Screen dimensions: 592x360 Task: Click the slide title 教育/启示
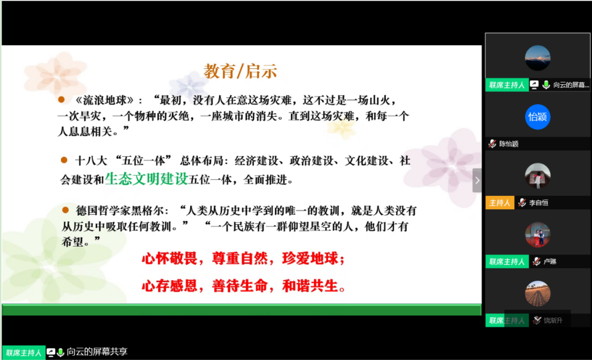(x=240, y=71)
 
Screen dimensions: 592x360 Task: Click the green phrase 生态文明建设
(x=146, y=178)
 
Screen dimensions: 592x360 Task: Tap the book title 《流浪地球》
(x=104, y=100)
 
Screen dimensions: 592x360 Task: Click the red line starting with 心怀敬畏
(x=244, y=259)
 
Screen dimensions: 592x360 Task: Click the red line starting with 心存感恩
(x=244, y=286)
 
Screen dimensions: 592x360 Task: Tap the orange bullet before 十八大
(x=64, y=160)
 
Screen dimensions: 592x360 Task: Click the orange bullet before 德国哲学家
(x=65, y=210)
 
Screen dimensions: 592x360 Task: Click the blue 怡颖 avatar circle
(x=538, y=117)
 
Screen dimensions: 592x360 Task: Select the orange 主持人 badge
(x=499, y=203)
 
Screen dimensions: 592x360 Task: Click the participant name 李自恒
(x=539, y=203)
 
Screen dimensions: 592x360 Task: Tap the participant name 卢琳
(x=550, y=261)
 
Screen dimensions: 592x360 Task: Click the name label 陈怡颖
(x=509, y=144)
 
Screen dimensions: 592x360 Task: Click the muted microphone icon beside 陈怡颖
(x=492, y=144)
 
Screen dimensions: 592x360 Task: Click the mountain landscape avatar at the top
(x=538, y=58)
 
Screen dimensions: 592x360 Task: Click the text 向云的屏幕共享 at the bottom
(x=97, y=352)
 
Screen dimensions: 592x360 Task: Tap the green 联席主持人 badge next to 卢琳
(x=507, y=261)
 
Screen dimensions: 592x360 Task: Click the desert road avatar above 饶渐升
(x=538, y=294)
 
